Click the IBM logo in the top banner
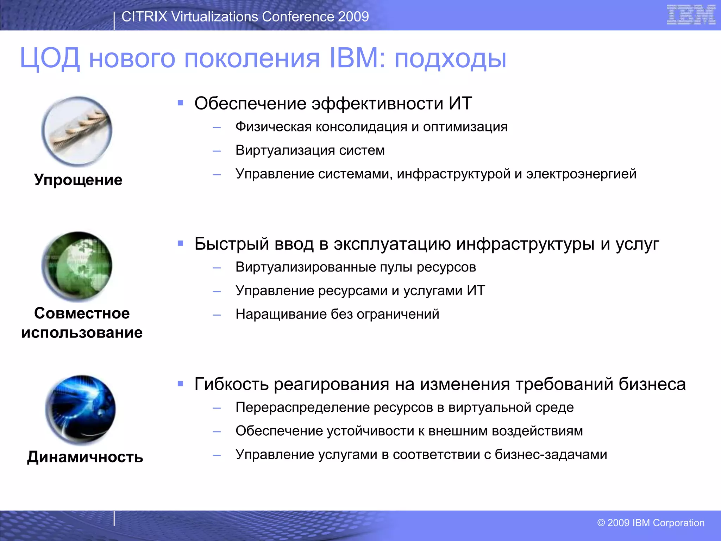pyautogui.click(x=691, y=15)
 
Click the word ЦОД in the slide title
pyautogui.click(x=50, y=58)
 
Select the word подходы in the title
pyautogui.click(x=450, y=58)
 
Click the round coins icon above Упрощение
pyautogui.click(x=77, y=131)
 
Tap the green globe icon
pyautogui.click(x=77, y=266)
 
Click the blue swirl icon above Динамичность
pyautogui.click(x=80, y=410)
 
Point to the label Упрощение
pyautogui.click(x=78, y=180)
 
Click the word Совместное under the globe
pyautogui.click(x=82, y=313)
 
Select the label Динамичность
pyautogui.click(x=85, y=457)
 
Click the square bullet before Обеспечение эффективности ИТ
pyautogui.click(x=181, y=103)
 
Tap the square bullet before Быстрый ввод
pyautogui.click(x=181, y=243)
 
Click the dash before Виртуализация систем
pyautogui.click(x=217, y=151)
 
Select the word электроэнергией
pyautogui.click(x=581, y=174)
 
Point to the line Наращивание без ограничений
pyautogui.click(x=337, y=314)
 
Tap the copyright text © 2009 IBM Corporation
pyautogui.click(x=651, y=523)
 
